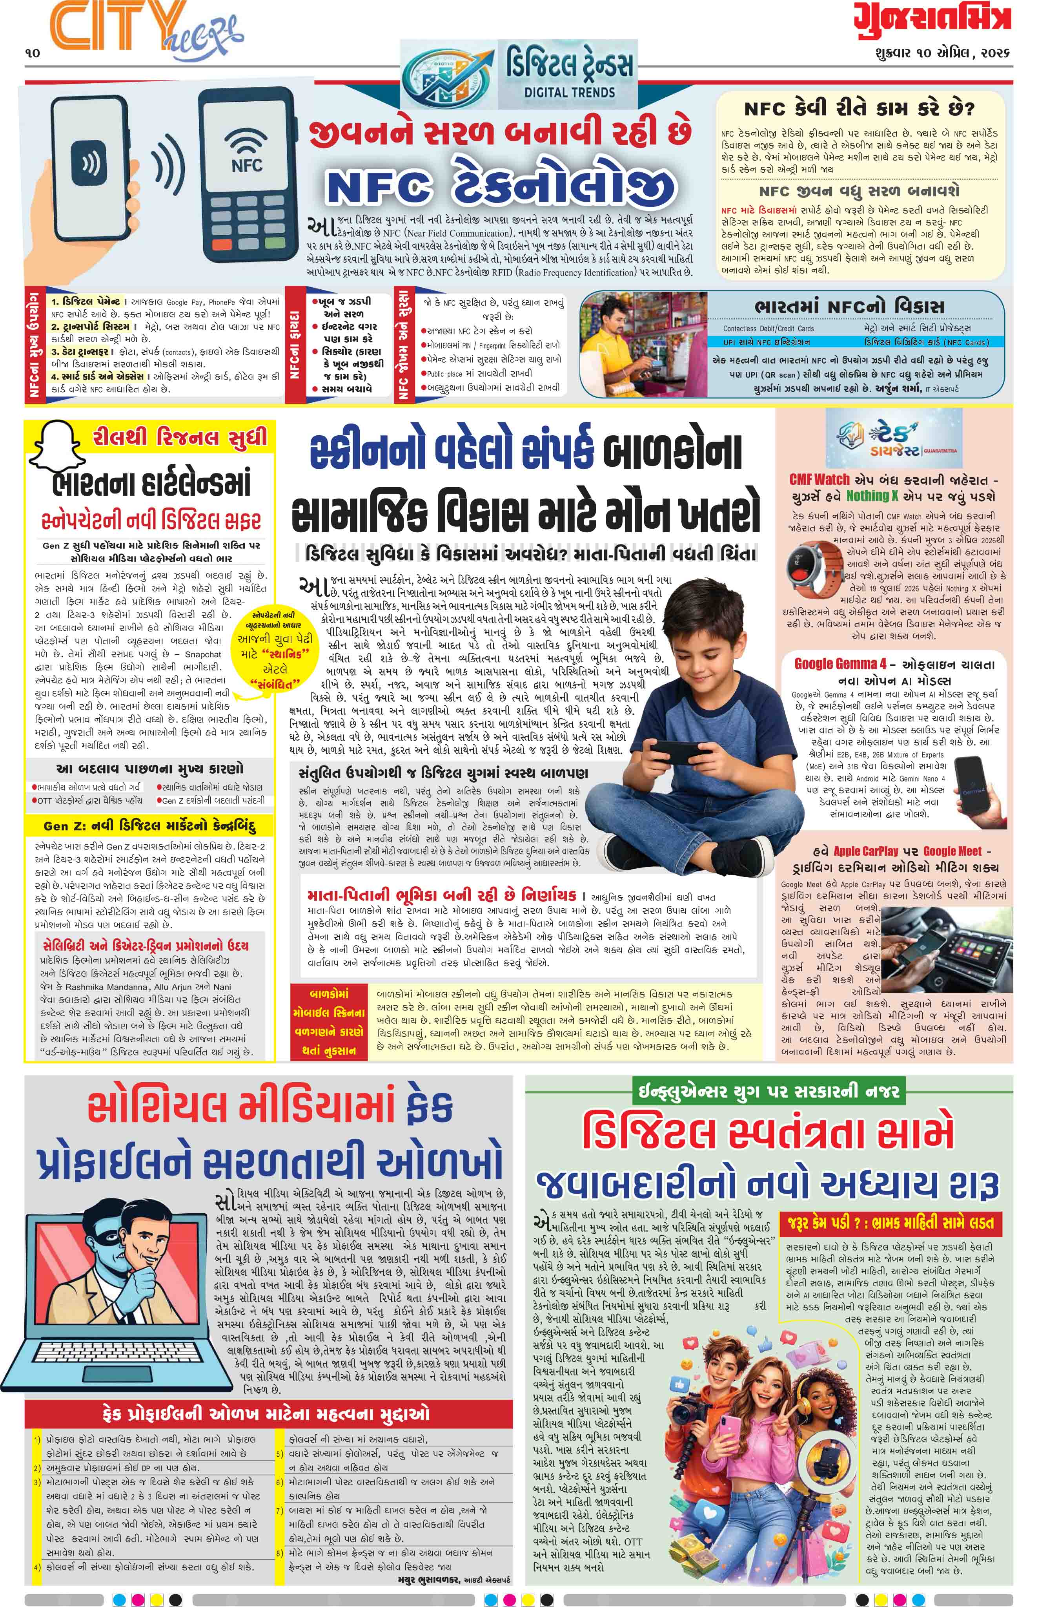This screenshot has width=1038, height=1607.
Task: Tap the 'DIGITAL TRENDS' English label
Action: click(x=570, y=92)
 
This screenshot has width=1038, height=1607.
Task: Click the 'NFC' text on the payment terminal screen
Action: click(x=247, y=164)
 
